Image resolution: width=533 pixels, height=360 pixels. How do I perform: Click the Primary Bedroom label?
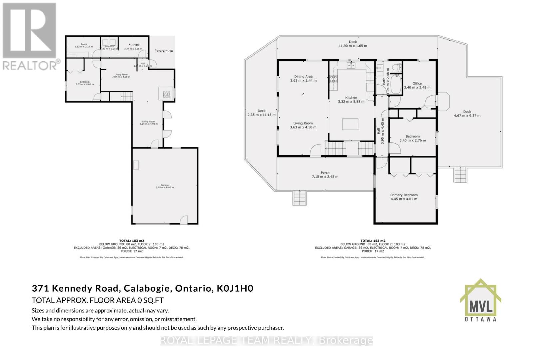(404, 195)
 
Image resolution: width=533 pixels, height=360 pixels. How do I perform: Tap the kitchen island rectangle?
(350, 124)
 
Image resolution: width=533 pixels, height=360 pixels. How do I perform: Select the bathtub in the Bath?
(395, 84)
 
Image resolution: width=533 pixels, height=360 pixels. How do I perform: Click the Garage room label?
(165, 185)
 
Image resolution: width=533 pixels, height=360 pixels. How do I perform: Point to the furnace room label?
(163, 51)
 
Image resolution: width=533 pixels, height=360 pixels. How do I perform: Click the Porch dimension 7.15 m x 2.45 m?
(325, 177)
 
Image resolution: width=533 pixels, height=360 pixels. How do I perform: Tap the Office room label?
(417, 84)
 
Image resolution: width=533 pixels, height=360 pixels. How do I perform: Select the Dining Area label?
(303, 77)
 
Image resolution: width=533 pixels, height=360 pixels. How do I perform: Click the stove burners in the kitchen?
(333, 79)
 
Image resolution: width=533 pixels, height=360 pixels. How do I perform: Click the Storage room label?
(134, 45)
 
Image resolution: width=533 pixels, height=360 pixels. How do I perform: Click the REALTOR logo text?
(31, 65)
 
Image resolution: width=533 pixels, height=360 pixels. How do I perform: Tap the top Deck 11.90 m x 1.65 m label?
(353, 44)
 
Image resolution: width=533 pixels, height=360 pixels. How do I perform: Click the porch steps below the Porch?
(299, 198)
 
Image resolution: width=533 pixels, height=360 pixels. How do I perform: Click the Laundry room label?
(109, 47)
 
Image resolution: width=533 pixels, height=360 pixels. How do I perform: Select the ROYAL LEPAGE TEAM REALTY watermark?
(266, 340)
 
